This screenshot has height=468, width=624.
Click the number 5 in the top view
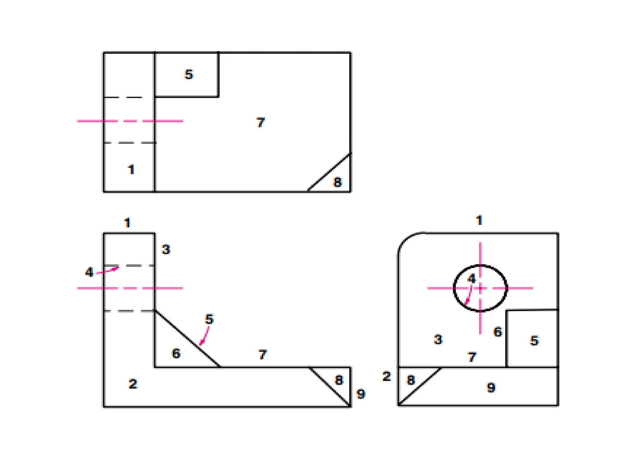coord(189,74)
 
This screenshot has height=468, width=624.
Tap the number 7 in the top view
coord(261,122)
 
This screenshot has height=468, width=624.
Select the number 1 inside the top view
coord(131,169)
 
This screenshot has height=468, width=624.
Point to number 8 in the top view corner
coord(337,182)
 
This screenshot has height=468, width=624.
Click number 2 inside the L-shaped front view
coord(133,384)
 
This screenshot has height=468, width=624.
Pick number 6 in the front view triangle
coord(176,353)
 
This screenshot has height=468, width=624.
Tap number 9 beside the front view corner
coord(361,394)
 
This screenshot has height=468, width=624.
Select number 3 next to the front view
coord(166,250)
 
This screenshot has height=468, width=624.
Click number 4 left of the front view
coord(89,272)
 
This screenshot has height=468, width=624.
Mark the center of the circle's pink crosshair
coord(480,288)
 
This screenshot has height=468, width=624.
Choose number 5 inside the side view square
coord(534,341)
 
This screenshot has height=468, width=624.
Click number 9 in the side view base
coord(491,388)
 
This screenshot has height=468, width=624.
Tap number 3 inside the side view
coord(438,339)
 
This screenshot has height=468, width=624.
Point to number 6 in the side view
coord(498,332)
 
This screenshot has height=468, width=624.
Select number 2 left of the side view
coord(386,376)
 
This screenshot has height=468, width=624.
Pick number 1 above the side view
coord(479,220)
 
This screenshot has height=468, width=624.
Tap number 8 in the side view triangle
coord(411,380)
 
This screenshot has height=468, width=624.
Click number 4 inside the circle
coord(471,278)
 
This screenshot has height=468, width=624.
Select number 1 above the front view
coord(127,223)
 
